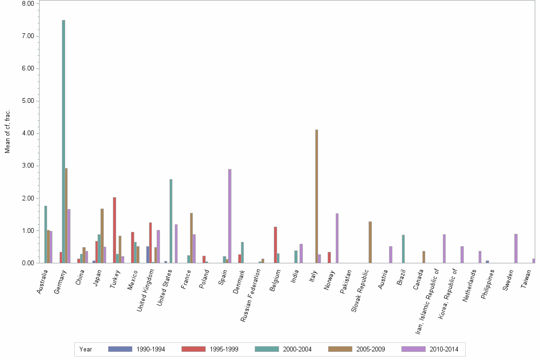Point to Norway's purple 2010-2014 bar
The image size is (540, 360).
[x=337, y=238]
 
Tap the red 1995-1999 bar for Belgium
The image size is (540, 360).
[x=275, y=245]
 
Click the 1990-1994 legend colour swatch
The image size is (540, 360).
[x=120, y=349]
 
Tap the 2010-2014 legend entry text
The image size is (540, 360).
[x=444, y=350]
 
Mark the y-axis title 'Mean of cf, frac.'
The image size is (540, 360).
[x=8, y=131]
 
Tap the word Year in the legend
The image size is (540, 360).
[x=86, y=350]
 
